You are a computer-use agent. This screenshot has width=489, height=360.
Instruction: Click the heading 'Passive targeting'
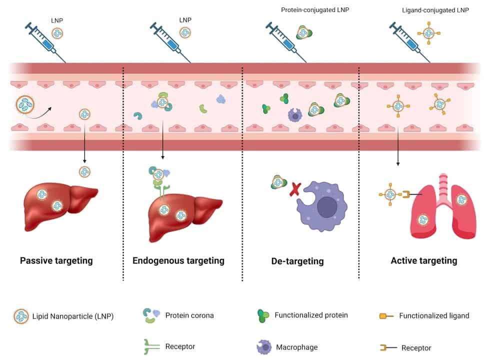[56, 260]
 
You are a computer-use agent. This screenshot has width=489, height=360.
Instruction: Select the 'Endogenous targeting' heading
[178, 260]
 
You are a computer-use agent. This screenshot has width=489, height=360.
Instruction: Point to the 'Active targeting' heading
[423, 260]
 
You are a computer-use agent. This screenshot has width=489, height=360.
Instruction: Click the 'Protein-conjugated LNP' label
[311, 10]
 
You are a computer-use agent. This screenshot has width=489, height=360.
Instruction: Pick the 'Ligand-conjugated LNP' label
[435, 10]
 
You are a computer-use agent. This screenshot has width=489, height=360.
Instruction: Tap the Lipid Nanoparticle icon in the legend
[21, 316]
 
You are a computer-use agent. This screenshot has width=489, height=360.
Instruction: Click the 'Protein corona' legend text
[189, 315]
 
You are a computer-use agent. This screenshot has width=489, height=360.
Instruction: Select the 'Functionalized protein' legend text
[311, 315]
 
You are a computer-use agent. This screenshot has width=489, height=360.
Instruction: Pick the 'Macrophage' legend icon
[263, 346]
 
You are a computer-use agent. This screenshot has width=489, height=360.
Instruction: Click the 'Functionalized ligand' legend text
[434, 315]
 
